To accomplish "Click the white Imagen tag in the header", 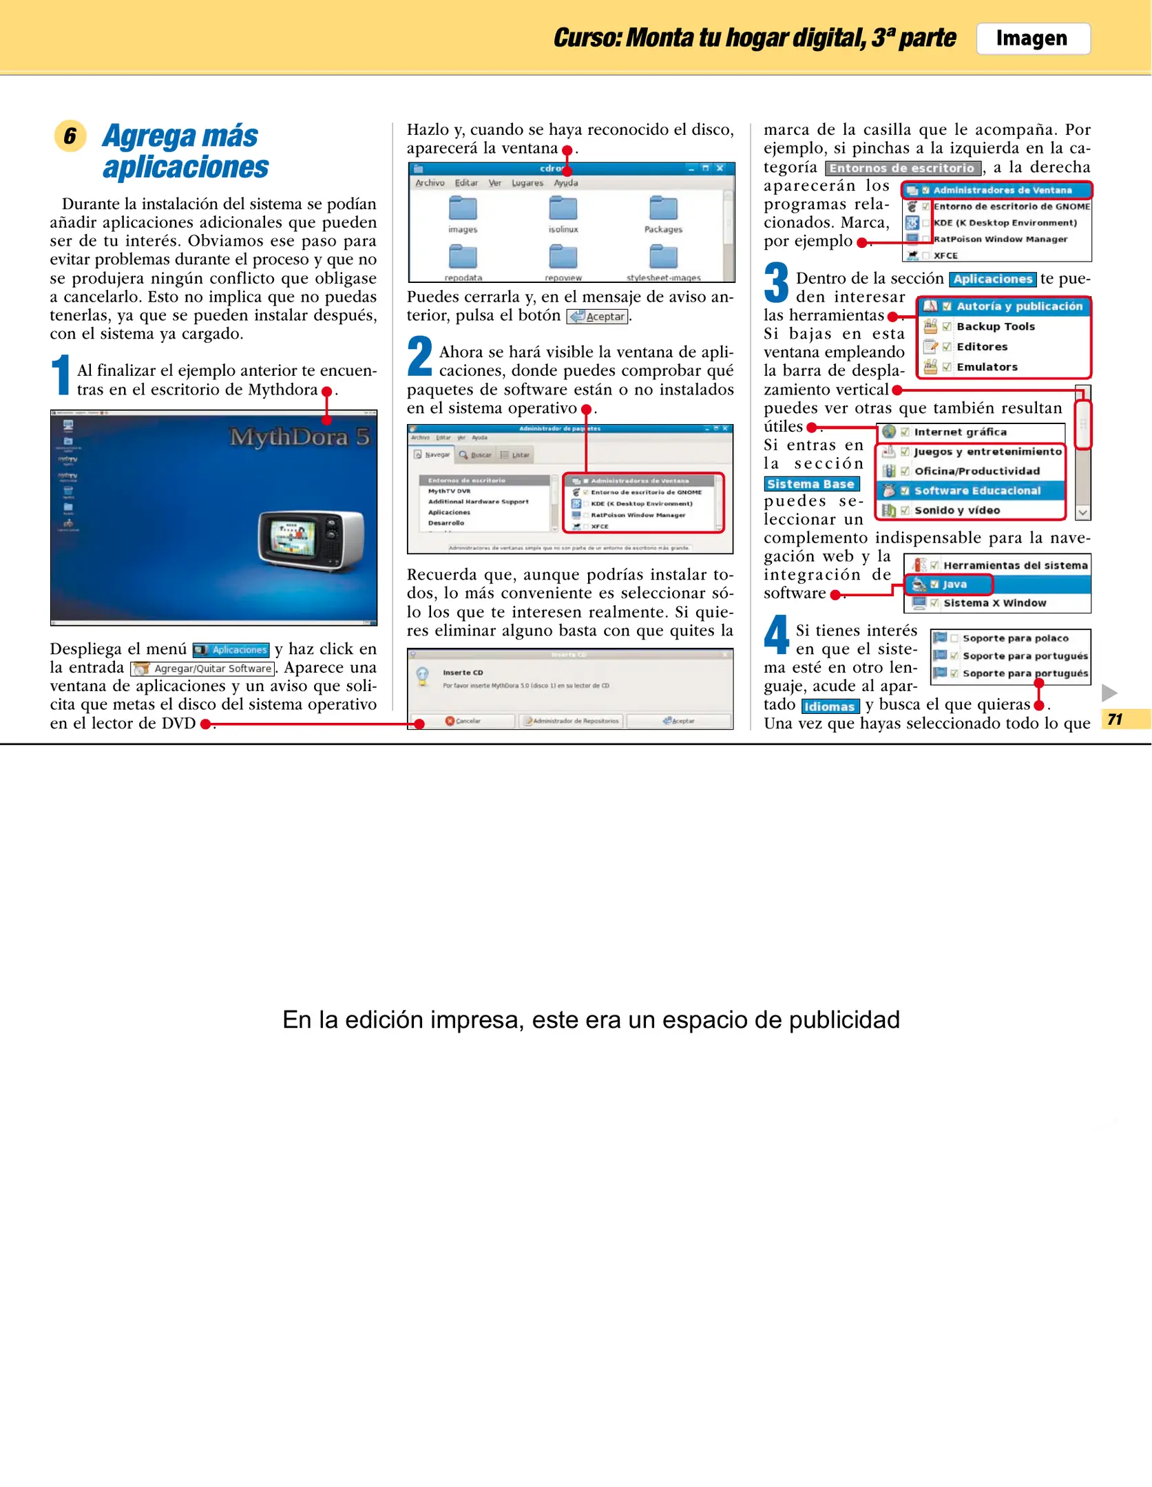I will coord(1032,39).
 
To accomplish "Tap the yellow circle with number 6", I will coord(70,136).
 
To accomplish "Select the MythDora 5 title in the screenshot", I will coord(299,436).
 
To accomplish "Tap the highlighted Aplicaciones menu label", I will coord(231,649).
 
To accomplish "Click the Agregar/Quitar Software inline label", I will coord(203,668).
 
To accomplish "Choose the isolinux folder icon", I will coord(563,209).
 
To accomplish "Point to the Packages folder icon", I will coord(662,209).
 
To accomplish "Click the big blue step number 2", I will coord(419,357).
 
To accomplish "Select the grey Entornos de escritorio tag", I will coord(902,168).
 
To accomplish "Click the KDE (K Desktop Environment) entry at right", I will coord(1004,222).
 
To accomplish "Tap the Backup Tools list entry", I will coord(995,326).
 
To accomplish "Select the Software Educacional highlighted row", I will coord(976,490).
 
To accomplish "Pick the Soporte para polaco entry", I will coord(1015,638).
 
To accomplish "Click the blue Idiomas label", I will coord(829,706).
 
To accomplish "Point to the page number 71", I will coord(1115,719).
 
